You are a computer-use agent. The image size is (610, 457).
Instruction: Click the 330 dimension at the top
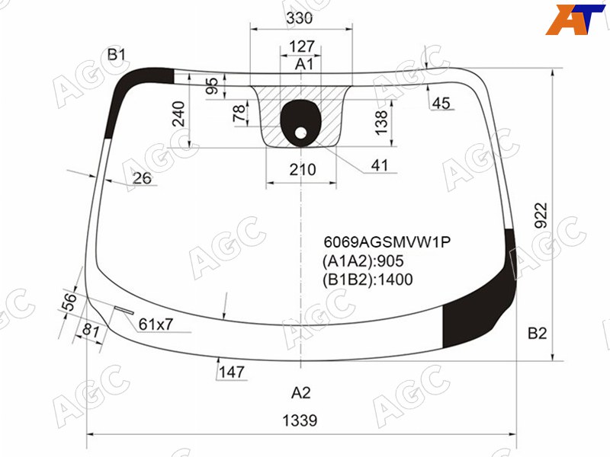300,18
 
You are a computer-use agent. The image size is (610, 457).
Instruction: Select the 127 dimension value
301,46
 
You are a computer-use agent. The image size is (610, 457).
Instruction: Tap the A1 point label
303,64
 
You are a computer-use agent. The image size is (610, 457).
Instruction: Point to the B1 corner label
117,55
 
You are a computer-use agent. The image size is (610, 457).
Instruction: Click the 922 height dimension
541,216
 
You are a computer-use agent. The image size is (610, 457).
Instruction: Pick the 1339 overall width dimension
300,420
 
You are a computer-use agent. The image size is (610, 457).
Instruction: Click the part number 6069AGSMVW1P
387,242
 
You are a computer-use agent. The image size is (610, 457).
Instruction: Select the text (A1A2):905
363,261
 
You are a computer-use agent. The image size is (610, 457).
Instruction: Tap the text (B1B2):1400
368,280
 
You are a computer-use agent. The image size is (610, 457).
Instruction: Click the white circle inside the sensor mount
300,133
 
